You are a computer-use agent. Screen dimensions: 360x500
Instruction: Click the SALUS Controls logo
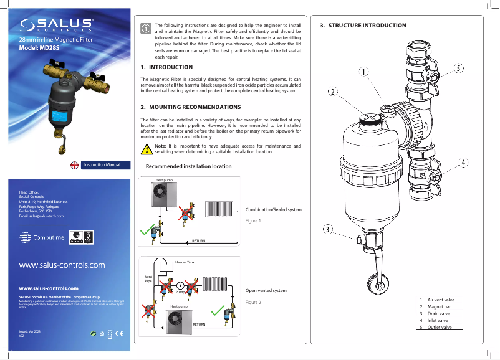57,25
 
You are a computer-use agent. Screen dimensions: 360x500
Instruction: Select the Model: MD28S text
42,47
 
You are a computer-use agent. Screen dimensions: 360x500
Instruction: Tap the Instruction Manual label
102,165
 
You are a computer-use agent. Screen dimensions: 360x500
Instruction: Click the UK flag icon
74,165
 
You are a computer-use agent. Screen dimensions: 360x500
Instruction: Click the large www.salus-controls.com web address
62,265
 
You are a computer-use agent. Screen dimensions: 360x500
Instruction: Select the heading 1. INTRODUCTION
166,67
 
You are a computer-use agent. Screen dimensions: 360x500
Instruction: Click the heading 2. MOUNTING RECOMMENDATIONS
190,107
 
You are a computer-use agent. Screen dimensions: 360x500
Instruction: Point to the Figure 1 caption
252,221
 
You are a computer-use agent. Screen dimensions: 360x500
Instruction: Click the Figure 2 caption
252,302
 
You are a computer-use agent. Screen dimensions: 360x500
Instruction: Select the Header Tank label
185,262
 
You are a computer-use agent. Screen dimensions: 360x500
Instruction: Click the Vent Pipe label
148,278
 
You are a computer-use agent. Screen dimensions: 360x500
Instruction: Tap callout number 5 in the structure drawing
458,67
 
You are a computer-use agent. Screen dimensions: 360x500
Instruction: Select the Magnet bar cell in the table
440,306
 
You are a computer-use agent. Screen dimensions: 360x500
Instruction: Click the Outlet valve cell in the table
440,327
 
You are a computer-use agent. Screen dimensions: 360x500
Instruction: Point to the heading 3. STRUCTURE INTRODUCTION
363,26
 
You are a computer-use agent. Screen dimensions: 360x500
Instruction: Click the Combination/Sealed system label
274,209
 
